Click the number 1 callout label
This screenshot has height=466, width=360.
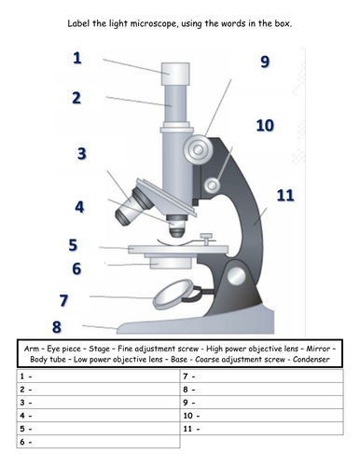click(x=77, y=58)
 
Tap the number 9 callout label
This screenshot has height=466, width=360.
click(x=265, y=62)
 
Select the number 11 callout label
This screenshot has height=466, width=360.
click(x=285, y=196)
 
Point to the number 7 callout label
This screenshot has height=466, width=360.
click(x=63, y=300)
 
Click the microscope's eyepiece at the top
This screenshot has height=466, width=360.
click(x=175, y=74)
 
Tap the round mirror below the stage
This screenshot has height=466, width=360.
click(x=173, y=295)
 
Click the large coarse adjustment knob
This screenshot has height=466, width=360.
click(x=198, y=149)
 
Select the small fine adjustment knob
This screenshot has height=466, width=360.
click(x=213, y=185)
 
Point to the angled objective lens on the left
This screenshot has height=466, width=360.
click(x=134, y=207)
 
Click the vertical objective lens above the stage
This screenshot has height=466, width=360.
click(x=177, y=226)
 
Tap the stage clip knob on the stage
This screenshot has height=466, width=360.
click(x=206, y=239)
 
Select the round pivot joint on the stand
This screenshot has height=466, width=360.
click(x=237, y=276)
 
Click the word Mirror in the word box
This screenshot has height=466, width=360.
click(x=318, y=349)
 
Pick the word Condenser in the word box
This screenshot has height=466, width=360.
click(x=311, y=360)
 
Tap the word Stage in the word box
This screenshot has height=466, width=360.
click(x=99, y=349)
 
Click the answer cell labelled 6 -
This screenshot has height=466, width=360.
click(x=98, y=442)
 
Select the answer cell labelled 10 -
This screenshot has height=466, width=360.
click(x=262, y=416)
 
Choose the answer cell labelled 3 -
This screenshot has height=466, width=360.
click(x=98, y=403)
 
